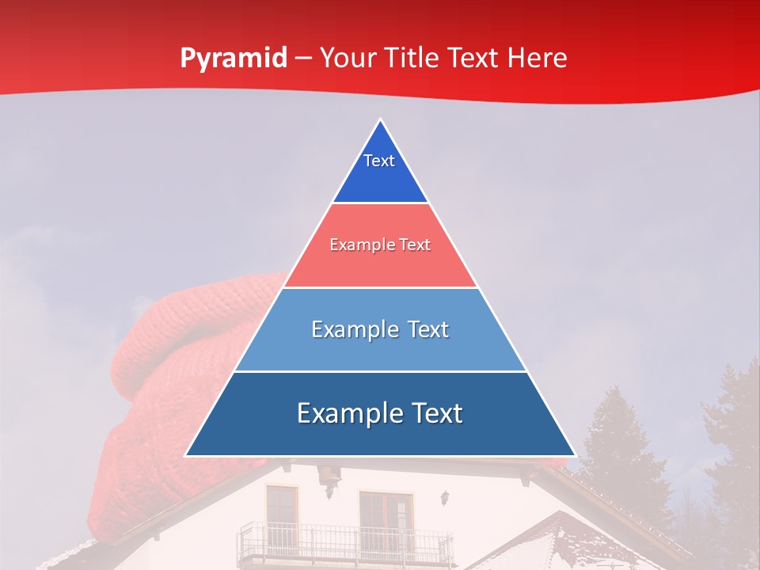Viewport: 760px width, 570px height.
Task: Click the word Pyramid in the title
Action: [x=233, y=59]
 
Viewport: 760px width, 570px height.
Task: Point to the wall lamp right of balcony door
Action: [x=445, y=498]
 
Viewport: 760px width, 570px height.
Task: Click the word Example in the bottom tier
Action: [x=342, y=413]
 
